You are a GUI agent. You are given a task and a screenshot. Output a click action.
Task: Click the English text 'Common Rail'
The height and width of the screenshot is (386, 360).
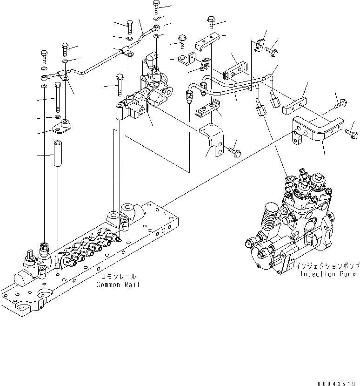117,284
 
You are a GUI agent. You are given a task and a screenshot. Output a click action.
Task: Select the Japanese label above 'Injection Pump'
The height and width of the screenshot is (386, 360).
327,266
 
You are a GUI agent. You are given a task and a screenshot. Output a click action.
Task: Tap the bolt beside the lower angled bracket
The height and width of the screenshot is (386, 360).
234,150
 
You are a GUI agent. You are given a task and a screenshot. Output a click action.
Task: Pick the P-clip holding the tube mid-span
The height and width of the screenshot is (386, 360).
125,51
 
